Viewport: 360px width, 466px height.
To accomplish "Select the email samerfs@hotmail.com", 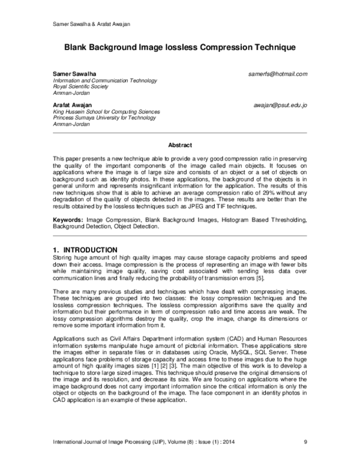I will click(x=277, y=74).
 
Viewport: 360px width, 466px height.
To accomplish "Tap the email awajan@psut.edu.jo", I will click(x=280, y=105).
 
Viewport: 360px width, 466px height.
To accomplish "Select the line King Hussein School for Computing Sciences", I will click(x=98, y=112).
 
